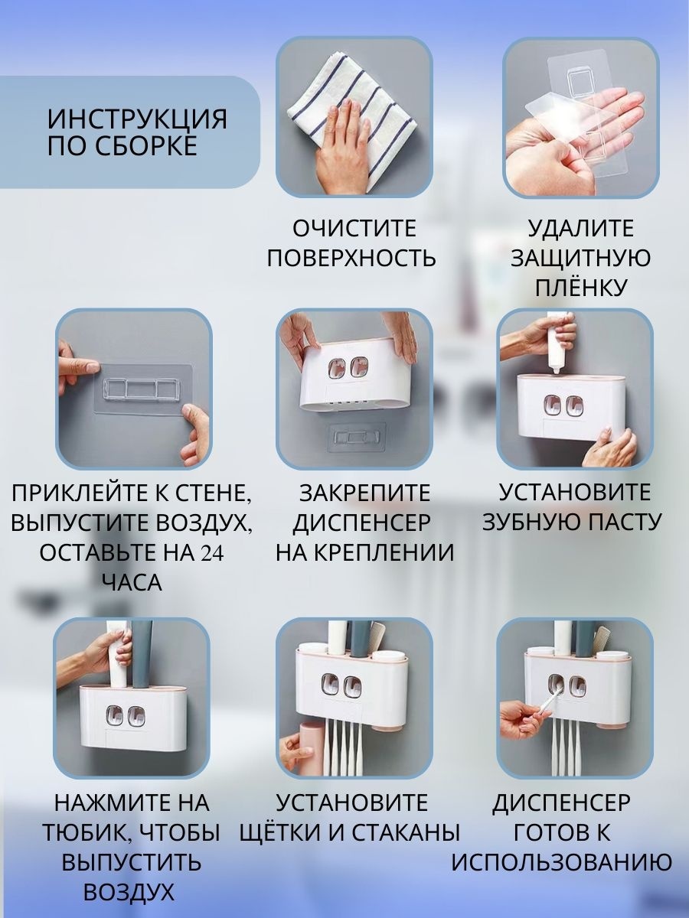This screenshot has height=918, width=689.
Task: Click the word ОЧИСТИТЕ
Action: [x=354, y=229]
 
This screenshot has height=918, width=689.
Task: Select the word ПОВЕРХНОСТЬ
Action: [x=351, y=258]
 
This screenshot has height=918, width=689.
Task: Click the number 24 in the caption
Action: [x=211, y=553]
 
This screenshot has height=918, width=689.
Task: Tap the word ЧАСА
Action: [x=132, y=583]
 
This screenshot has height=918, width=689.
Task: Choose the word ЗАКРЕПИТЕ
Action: [x=364, y=493]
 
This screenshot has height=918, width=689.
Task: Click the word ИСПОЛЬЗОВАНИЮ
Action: [x=561, y=862]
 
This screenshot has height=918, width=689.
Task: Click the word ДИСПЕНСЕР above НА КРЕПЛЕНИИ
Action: [x=361, y=522]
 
